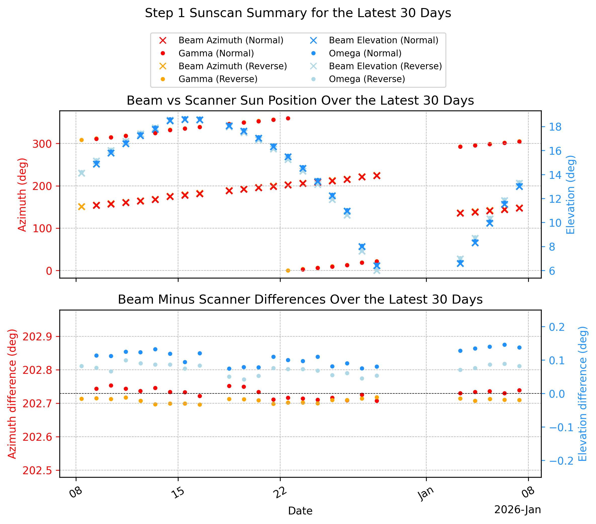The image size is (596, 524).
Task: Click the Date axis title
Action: [x=300, y=511]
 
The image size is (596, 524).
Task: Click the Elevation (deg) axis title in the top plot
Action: [x=571, y=195]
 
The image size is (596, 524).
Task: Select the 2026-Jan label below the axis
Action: [x=518, y=510]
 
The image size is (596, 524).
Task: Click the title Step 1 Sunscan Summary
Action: [x=298, y=13]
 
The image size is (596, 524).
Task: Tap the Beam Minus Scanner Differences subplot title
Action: [x=300, y=300]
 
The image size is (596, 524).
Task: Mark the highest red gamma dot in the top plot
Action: [x=288, y=118]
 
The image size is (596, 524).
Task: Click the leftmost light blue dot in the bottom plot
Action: [x=82, y=366]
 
